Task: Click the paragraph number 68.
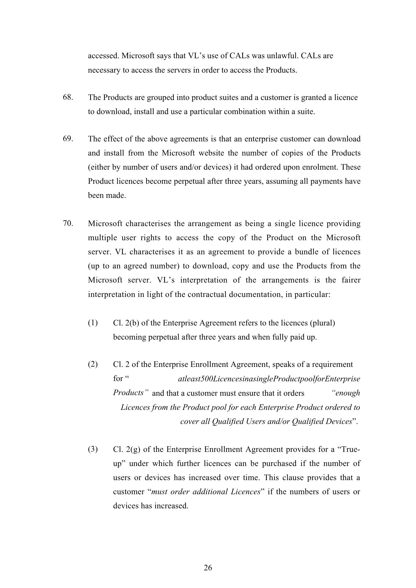point(68,97)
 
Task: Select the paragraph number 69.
point(68,138)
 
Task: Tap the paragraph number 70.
point(68,223)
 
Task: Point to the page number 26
point(208,568)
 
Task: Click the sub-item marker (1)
point(93,323)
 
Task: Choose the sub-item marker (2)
point(93,365)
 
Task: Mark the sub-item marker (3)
point(93,449)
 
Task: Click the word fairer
point(351,280)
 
